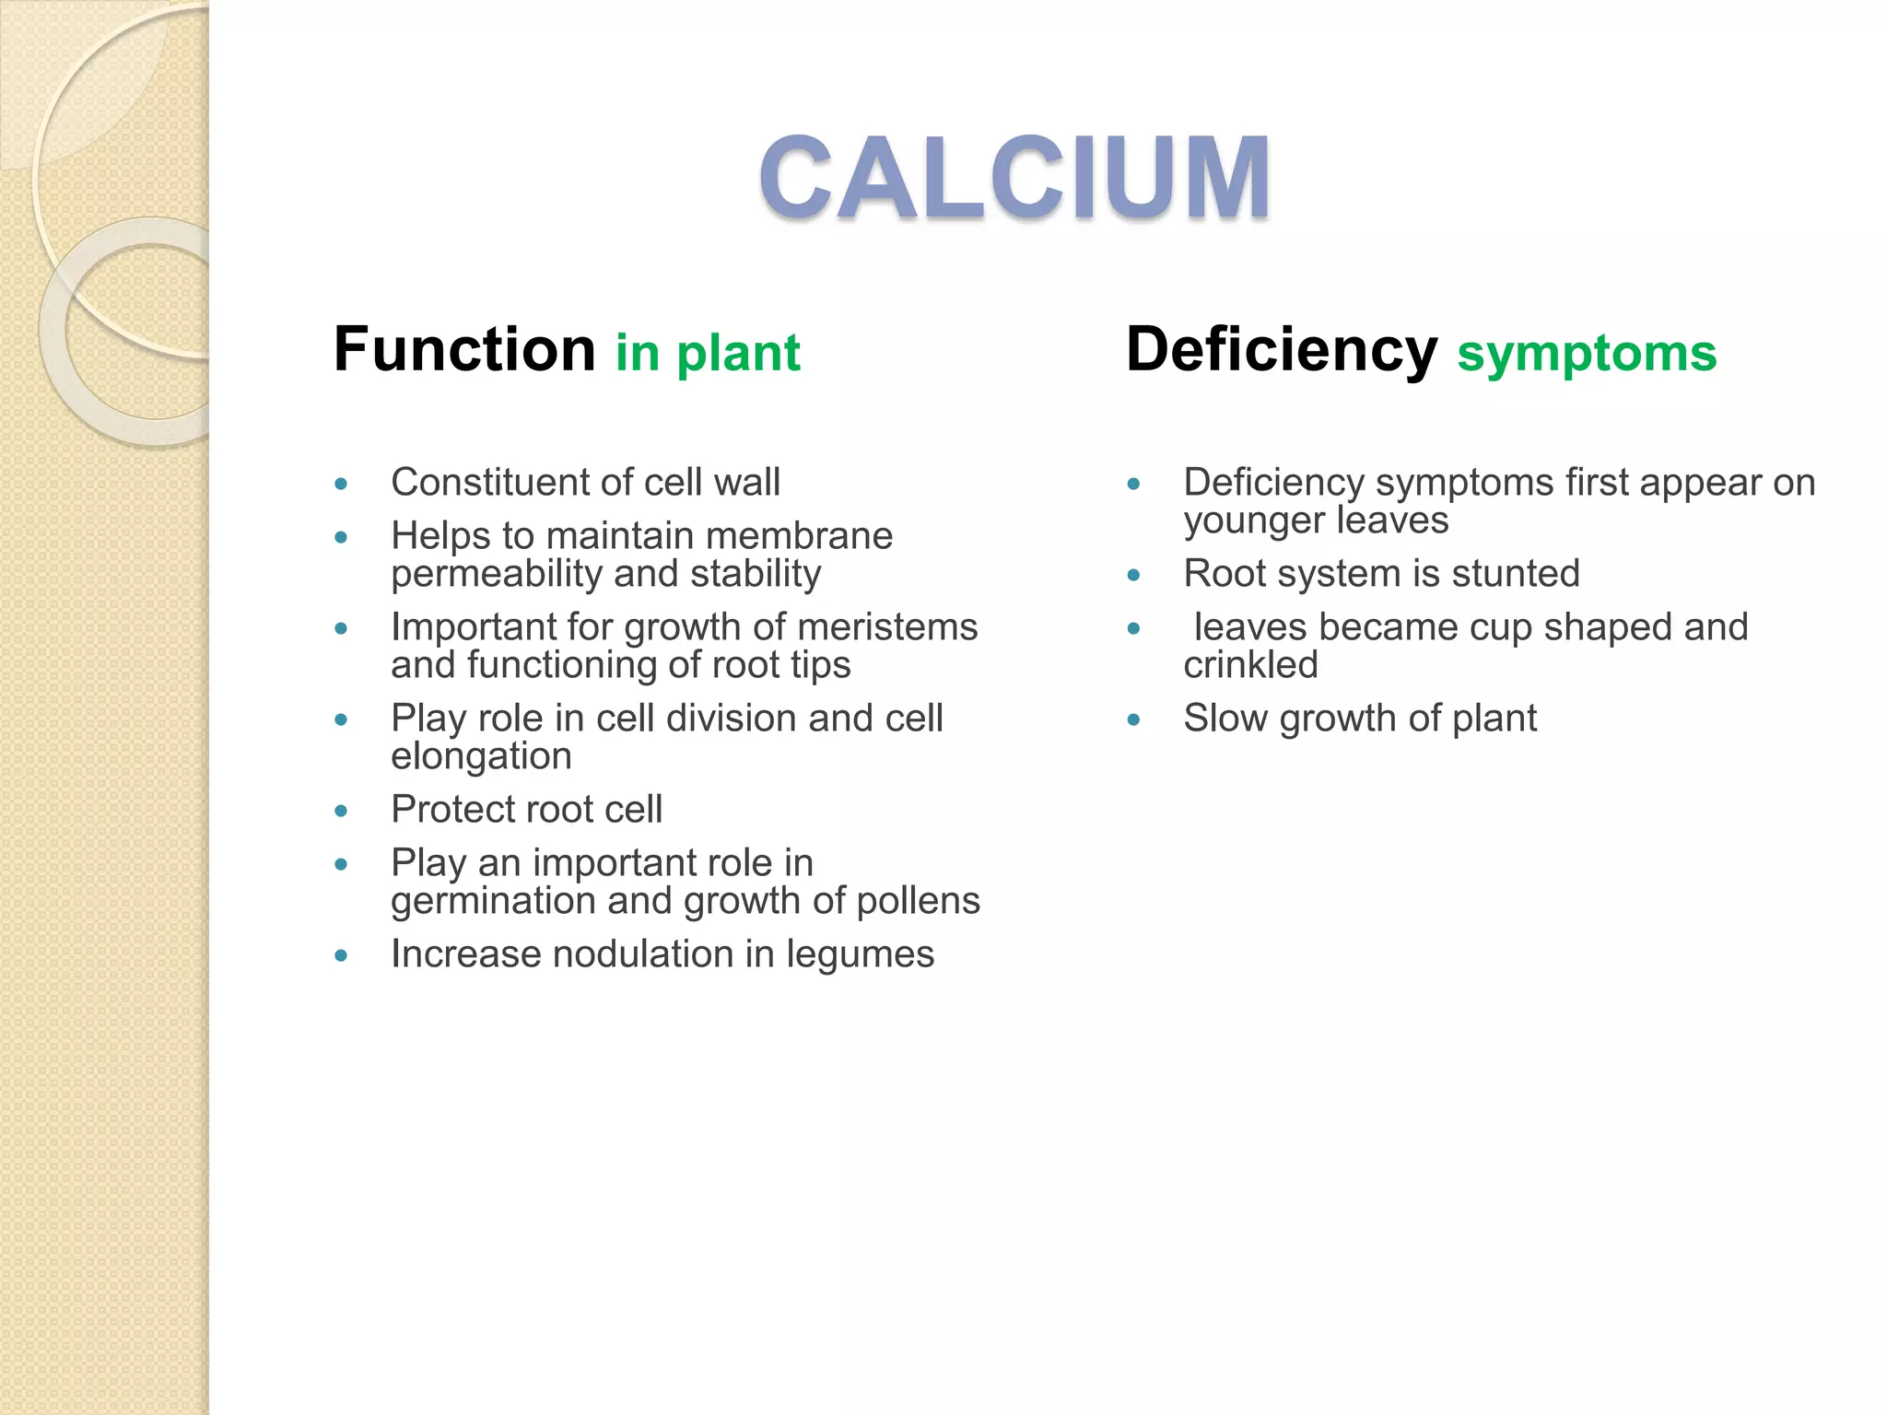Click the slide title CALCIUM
(x=1014, y=176)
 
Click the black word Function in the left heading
(x=464, y=350)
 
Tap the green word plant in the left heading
(x=738, y=354)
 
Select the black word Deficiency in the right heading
(x=1281, y=350)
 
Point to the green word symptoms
(x=1587, y=354)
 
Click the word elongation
(x=481, y=756)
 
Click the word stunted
(x=1515, y=574)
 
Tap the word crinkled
(x=1250, y=664)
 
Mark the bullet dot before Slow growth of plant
(x=1133, y=719)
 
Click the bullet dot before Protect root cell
(x=341, y=811)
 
